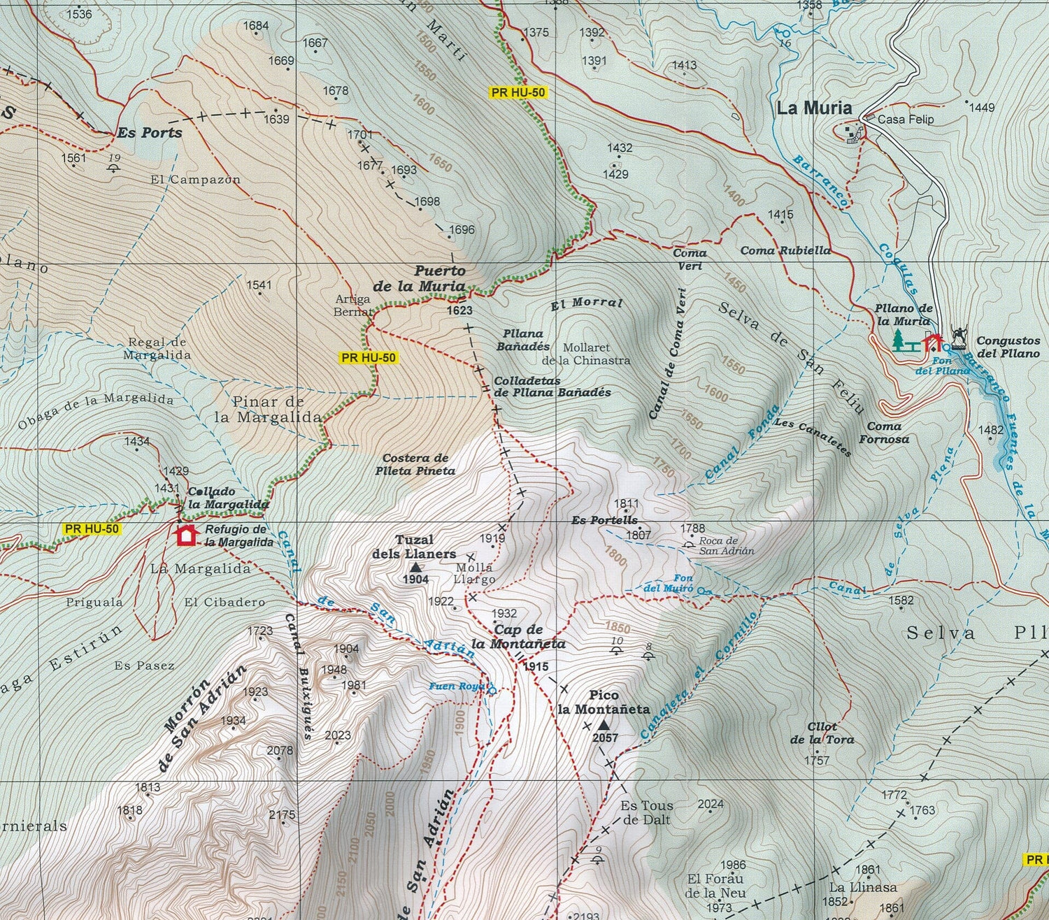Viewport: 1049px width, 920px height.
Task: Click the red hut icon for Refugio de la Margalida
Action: click(x=185, y=535)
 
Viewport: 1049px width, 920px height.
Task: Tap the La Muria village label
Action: click(x=814, y=108)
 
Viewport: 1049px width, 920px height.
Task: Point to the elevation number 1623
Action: click(x=459, y=310)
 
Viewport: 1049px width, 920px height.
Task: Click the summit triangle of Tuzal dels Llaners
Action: click(x=415, y=567)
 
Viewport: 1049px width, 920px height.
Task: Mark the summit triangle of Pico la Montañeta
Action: click(x=604, y=725)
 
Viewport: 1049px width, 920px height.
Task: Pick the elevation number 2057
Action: click(x=605, y=738)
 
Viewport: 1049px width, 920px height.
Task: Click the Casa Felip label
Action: click(x=905, y=120)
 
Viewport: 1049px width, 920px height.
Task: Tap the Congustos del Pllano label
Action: click(x=1008, y=347)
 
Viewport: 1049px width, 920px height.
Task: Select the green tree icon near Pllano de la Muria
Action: click(x=899, y=340)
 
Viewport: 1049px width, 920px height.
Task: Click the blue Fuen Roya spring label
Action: click(x=457, y=687)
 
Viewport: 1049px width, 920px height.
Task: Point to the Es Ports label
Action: click(x=149, y=133)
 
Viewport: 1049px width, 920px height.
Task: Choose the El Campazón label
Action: click(x=195, y=180)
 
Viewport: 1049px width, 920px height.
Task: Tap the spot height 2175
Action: click(x=282, y=815)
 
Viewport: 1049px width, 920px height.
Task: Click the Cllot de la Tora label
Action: click(x=822, y=733)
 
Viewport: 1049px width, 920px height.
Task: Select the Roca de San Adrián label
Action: click(x=727, y=545)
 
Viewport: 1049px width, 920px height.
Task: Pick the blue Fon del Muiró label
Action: click(x=669, y=583)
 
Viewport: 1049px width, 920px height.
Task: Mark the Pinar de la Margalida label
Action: click(x=268, y=410)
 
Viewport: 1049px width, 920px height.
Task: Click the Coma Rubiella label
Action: click(x=785, y=250)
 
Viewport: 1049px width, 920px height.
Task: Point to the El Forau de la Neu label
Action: click(x=715, y=886)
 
